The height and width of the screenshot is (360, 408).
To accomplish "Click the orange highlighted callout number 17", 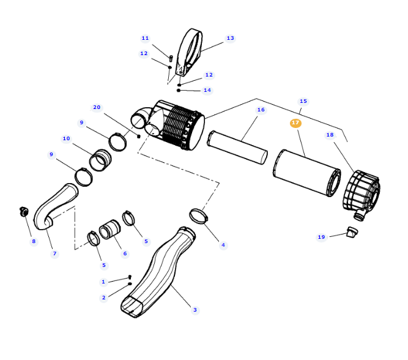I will coord(295,123).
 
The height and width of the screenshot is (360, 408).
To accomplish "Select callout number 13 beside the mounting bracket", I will coord(230,38).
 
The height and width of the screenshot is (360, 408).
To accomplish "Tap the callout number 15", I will coord(303,101).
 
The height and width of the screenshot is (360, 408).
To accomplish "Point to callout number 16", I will coord(261,110).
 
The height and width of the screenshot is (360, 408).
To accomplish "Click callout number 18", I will coord(330,135).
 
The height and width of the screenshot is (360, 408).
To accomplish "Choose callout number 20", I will coord(97,107).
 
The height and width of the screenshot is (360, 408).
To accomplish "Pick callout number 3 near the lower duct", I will coord(195,310).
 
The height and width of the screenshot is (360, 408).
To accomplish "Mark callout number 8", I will coord(34,241).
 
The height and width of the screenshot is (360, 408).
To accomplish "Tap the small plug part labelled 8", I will coord(23,212).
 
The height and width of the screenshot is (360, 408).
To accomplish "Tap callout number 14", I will coord(207,90).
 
